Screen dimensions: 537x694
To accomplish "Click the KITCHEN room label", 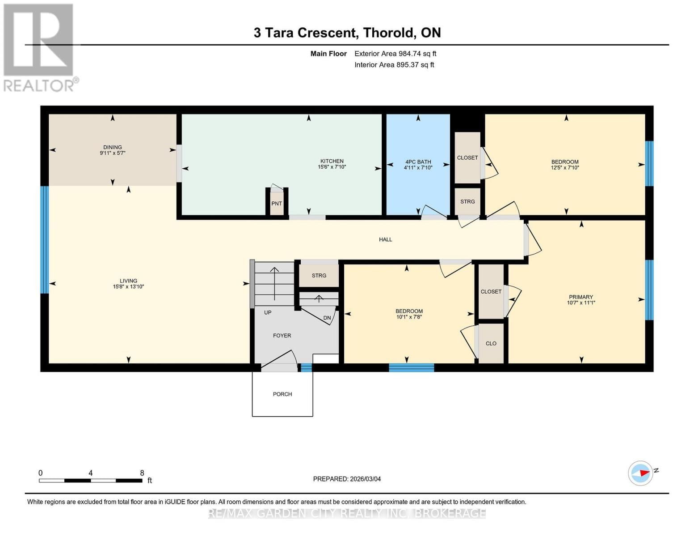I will [332, 161].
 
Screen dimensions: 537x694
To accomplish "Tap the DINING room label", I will [113, 147].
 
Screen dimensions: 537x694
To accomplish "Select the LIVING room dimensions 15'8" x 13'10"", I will [128, 287].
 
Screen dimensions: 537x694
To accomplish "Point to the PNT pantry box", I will [277, 203].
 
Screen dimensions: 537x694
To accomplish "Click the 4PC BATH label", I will [418, 162].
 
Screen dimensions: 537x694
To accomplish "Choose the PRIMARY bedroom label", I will [581, 297].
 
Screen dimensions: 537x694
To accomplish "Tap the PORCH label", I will [282, 394].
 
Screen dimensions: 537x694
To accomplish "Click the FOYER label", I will [282, 336].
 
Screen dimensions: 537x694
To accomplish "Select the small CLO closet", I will [491, 343].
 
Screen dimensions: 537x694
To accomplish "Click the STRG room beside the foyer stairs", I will [319, 276].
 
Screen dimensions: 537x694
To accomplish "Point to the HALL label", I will [385, 239].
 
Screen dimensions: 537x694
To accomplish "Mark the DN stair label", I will [327, 318].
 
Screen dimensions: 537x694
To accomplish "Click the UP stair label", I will [268, 312].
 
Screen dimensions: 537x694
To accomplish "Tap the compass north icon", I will [641, 473].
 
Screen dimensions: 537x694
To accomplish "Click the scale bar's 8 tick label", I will [142, 473].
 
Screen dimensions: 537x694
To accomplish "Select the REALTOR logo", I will [39, 47].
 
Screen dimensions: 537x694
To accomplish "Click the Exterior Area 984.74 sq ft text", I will [395, 54].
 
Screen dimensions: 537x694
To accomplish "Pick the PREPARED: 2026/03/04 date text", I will [347, 479].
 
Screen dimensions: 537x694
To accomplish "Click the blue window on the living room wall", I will [44, 240].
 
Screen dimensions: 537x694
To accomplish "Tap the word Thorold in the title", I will [388, 33].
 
